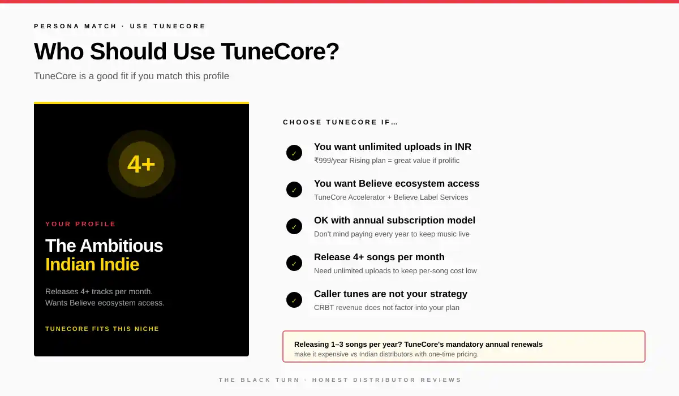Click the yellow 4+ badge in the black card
point(141,164)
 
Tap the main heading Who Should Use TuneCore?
point(187,51)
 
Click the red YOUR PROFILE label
point(81,224)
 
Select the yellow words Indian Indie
point(92,264)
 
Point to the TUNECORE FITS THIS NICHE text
point(102,329)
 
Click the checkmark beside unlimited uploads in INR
point(294,153)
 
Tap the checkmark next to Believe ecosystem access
point(294,190)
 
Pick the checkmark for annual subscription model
point(294,226)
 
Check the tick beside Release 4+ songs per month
point(294,263)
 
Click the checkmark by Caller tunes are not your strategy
point(294,300)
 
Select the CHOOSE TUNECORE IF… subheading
point(341,122)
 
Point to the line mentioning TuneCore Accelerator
point(391,197)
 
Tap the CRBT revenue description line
point(386,308)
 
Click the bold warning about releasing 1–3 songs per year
point(418,344)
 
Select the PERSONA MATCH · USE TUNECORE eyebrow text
point(120,26)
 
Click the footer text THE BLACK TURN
point(259,380)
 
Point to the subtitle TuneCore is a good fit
point(131,76)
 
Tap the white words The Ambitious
point(104,246)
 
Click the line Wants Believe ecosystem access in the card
point(105,303)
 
